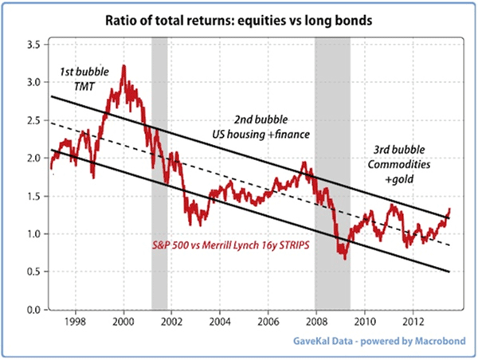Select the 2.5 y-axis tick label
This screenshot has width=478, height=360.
point(32,120)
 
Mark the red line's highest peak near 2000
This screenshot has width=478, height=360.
point(123,66)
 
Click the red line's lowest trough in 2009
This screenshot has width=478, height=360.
point(343,258)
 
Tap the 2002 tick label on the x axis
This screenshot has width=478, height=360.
point(172,323)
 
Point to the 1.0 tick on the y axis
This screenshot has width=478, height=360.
point(32,234)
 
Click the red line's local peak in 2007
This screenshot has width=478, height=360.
point(304,162)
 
